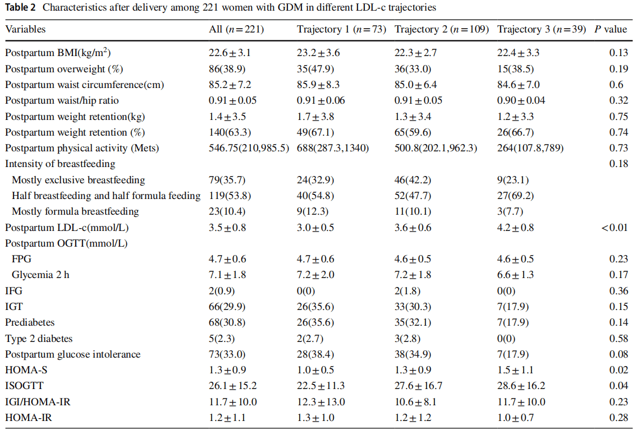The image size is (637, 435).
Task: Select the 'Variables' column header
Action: (x=25, y=29)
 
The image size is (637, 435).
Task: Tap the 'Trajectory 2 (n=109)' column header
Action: (x=442, y=29)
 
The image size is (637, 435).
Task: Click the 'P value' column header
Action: (x=613, y=29)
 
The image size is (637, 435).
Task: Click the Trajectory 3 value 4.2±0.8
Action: (x=515, y=228)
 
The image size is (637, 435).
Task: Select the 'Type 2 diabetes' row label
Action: (x=39, y=339)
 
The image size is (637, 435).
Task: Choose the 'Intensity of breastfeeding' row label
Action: (x=60, y=164)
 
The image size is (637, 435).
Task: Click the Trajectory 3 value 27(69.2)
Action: (x=514, y=196)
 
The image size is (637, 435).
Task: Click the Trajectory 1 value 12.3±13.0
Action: (x=321, y=402)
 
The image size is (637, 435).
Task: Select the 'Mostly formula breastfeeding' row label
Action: (x=75, y=211)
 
